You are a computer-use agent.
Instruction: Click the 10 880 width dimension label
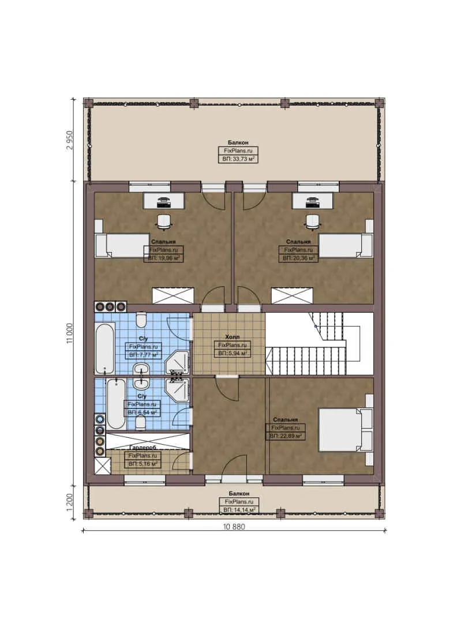tap(233, 526)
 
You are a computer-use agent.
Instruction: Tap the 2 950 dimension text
tap(70, 139)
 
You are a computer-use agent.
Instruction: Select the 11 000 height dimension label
tap(70, 333)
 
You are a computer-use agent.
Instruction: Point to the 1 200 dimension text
tap(70, 501)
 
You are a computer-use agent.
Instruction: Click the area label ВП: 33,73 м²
tap(238, 159)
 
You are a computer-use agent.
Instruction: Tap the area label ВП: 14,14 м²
tap(238, 510)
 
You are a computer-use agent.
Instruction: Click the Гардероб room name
tap(141, 447)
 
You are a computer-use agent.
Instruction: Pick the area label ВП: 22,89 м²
tap(286, 436)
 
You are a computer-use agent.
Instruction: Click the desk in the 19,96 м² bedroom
tap(164, 200)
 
